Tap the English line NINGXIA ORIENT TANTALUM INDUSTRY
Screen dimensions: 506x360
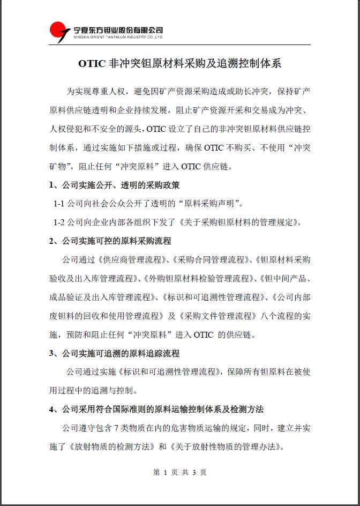(x=118, y=38)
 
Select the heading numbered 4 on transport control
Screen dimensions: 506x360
(x=156, y=409)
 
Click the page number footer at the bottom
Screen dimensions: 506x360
(x=179, y=472)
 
